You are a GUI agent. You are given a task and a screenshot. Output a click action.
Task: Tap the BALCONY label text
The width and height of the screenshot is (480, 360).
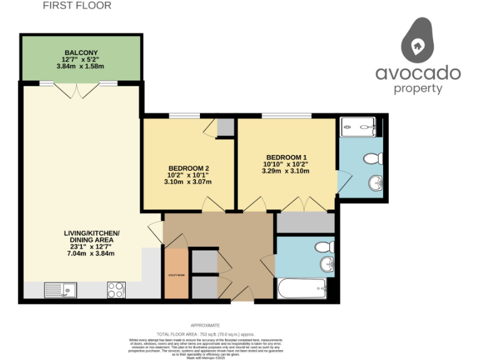tap(81, 52)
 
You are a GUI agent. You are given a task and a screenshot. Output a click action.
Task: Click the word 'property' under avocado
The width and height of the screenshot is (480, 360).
tap(418, 88)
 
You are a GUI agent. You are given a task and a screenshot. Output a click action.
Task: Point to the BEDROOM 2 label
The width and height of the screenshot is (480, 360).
tap(188, 168)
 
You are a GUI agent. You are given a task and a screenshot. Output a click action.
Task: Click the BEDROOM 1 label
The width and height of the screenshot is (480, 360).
tap(286, 157)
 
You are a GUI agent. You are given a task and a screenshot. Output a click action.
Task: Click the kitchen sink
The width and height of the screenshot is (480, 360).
tap(60, 290)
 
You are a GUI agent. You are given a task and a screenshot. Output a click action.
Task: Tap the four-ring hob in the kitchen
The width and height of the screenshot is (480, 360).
tap(116, 290)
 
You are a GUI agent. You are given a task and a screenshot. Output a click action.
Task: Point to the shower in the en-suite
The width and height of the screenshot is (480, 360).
tap(358, 127)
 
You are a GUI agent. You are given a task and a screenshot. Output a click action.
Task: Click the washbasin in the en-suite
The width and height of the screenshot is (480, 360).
tap(375, 183)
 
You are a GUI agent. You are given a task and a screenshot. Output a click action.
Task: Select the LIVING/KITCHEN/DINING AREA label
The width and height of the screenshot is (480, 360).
tap(92, 237)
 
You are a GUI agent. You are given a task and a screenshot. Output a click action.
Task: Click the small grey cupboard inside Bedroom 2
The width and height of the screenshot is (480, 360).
tap(224, 127)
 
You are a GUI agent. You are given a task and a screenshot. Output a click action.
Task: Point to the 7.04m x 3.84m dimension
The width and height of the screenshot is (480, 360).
tap(92, 253)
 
